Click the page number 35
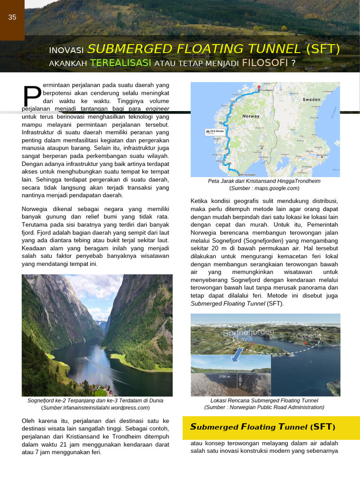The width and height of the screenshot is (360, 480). [x=12, y=17]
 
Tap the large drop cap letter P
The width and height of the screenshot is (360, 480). [x=32, y=96]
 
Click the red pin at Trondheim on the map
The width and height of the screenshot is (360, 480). [x=257, y=87]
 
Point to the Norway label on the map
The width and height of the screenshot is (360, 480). [x=251, y=116]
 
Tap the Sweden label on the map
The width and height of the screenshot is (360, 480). [x=311, y=99]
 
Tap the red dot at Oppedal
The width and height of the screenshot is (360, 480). [x=305, y=344]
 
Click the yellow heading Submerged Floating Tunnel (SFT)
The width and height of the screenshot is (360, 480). [x=262, y=427]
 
